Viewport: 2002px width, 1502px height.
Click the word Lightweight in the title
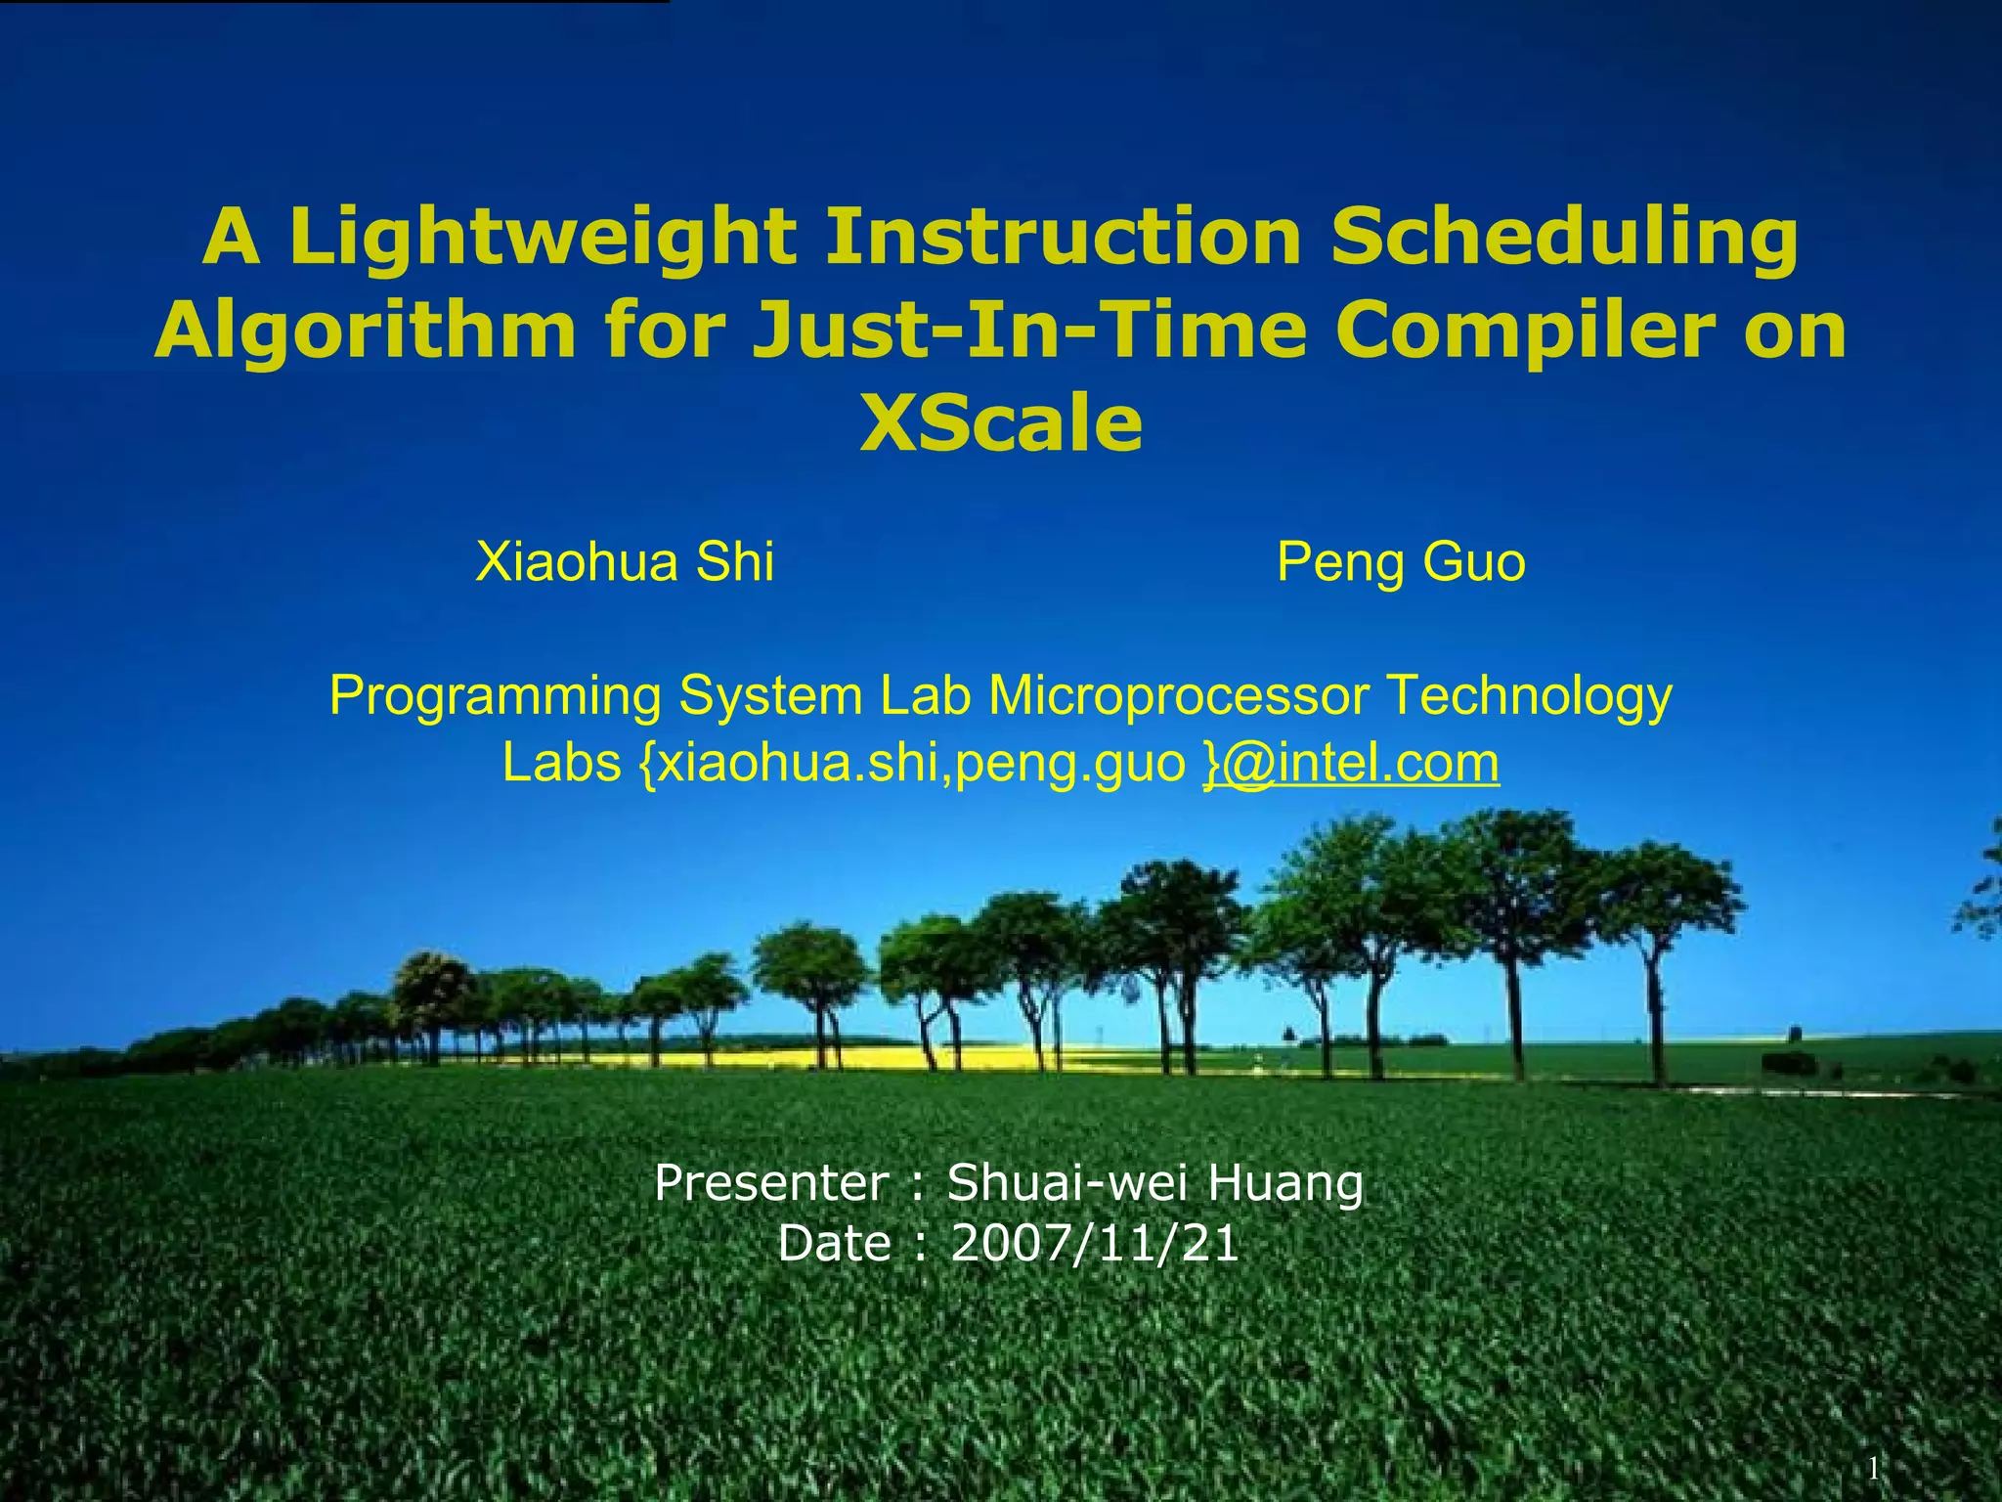tap(543, 239)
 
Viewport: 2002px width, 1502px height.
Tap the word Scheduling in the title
tap(1564, 239)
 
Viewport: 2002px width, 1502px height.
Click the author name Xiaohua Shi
tap(625, 562)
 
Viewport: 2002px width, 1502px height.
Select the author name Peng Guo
tap(1400, 562)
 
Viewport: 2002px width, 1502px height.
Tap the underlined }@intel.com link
tap(1351, 763)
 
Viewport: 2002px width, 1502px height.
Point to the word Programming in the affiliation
tap(496, 697)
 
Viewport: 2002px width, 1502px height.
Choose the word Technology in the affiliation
tap(1529, 697)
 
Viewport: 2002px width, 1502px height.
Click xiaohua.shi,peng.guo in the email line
tap(921, 764)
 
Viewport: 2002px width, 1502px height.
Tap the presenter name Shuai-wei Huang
tap(1154, 1183)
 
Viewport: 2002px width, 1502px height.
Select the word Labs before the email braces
tap(561, 763)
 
